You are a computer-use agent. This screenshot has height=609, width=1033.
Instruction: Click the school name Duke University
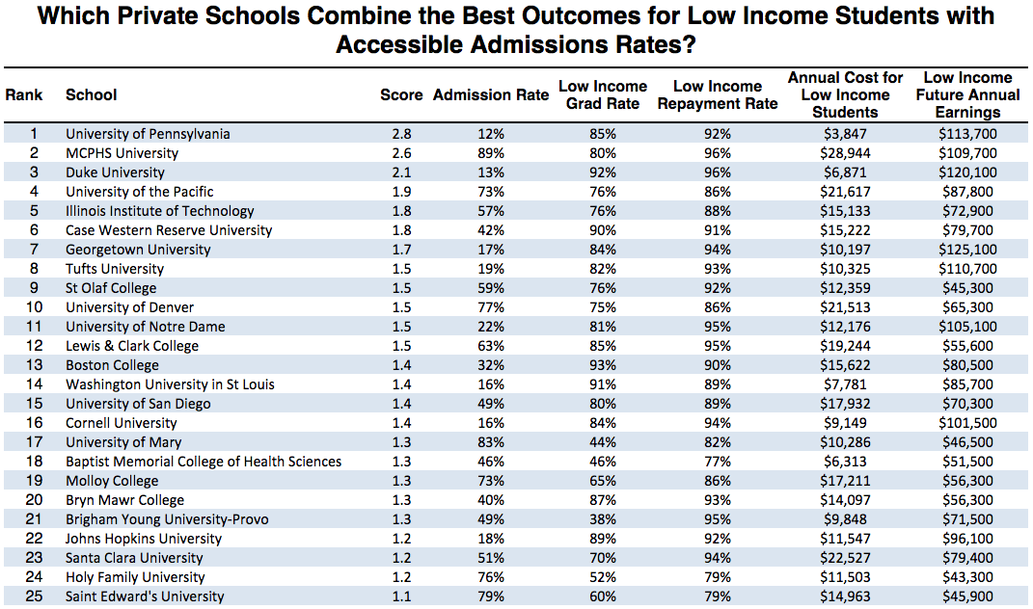(115, 172)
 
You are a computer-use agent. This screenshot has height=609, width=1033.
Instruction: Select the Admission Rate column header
(491, 94)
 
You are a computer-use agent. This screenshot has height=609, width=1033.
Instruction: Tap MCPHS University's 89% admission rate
(491, 153)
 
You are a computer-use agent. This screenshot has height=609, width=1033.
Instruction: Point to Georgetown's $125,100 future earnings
(967, 250)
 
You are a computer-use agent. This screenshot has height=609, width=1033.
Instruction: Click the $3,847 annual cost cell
(845, 134)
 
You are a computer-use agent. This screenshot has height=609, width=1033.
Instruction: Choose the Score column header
(401, 94)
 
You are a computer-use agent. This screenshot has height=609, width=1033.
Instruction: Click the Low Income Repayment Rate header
(717, 94)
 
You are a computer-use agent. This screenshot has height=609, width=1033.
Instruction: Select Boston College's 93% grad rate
(603, 365)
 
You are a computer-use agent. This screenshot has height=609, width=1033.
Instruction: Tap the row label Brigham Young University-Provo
(167, 519)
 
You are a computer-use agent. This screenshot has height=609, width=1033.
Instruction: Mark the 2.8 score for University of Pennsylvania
(401, 134)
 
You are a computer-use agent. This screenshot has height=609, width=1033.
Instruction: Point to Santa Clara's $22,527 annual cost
(845, 558)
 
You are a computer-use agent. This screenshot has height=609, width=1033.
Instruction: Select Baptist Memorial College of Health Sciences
(204, 462)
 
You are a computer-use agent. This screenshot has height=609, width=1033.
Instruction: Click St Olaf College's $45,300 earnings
(967, 288)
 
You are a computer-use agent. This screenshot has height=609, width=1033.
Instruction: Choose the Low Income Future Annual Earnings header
(967, 94)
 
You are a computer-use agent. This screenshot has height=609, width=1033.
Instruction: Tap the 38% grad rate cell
(603, 519)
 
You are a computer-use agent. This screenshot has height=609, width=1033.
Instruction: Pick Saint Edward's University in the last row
(145, 596)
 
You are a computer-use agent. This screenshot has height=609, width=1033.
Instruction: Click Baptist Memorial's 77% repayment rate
(717, 462)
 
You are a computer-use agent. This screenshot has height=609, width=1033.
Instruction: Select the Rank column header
(23, 94)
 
